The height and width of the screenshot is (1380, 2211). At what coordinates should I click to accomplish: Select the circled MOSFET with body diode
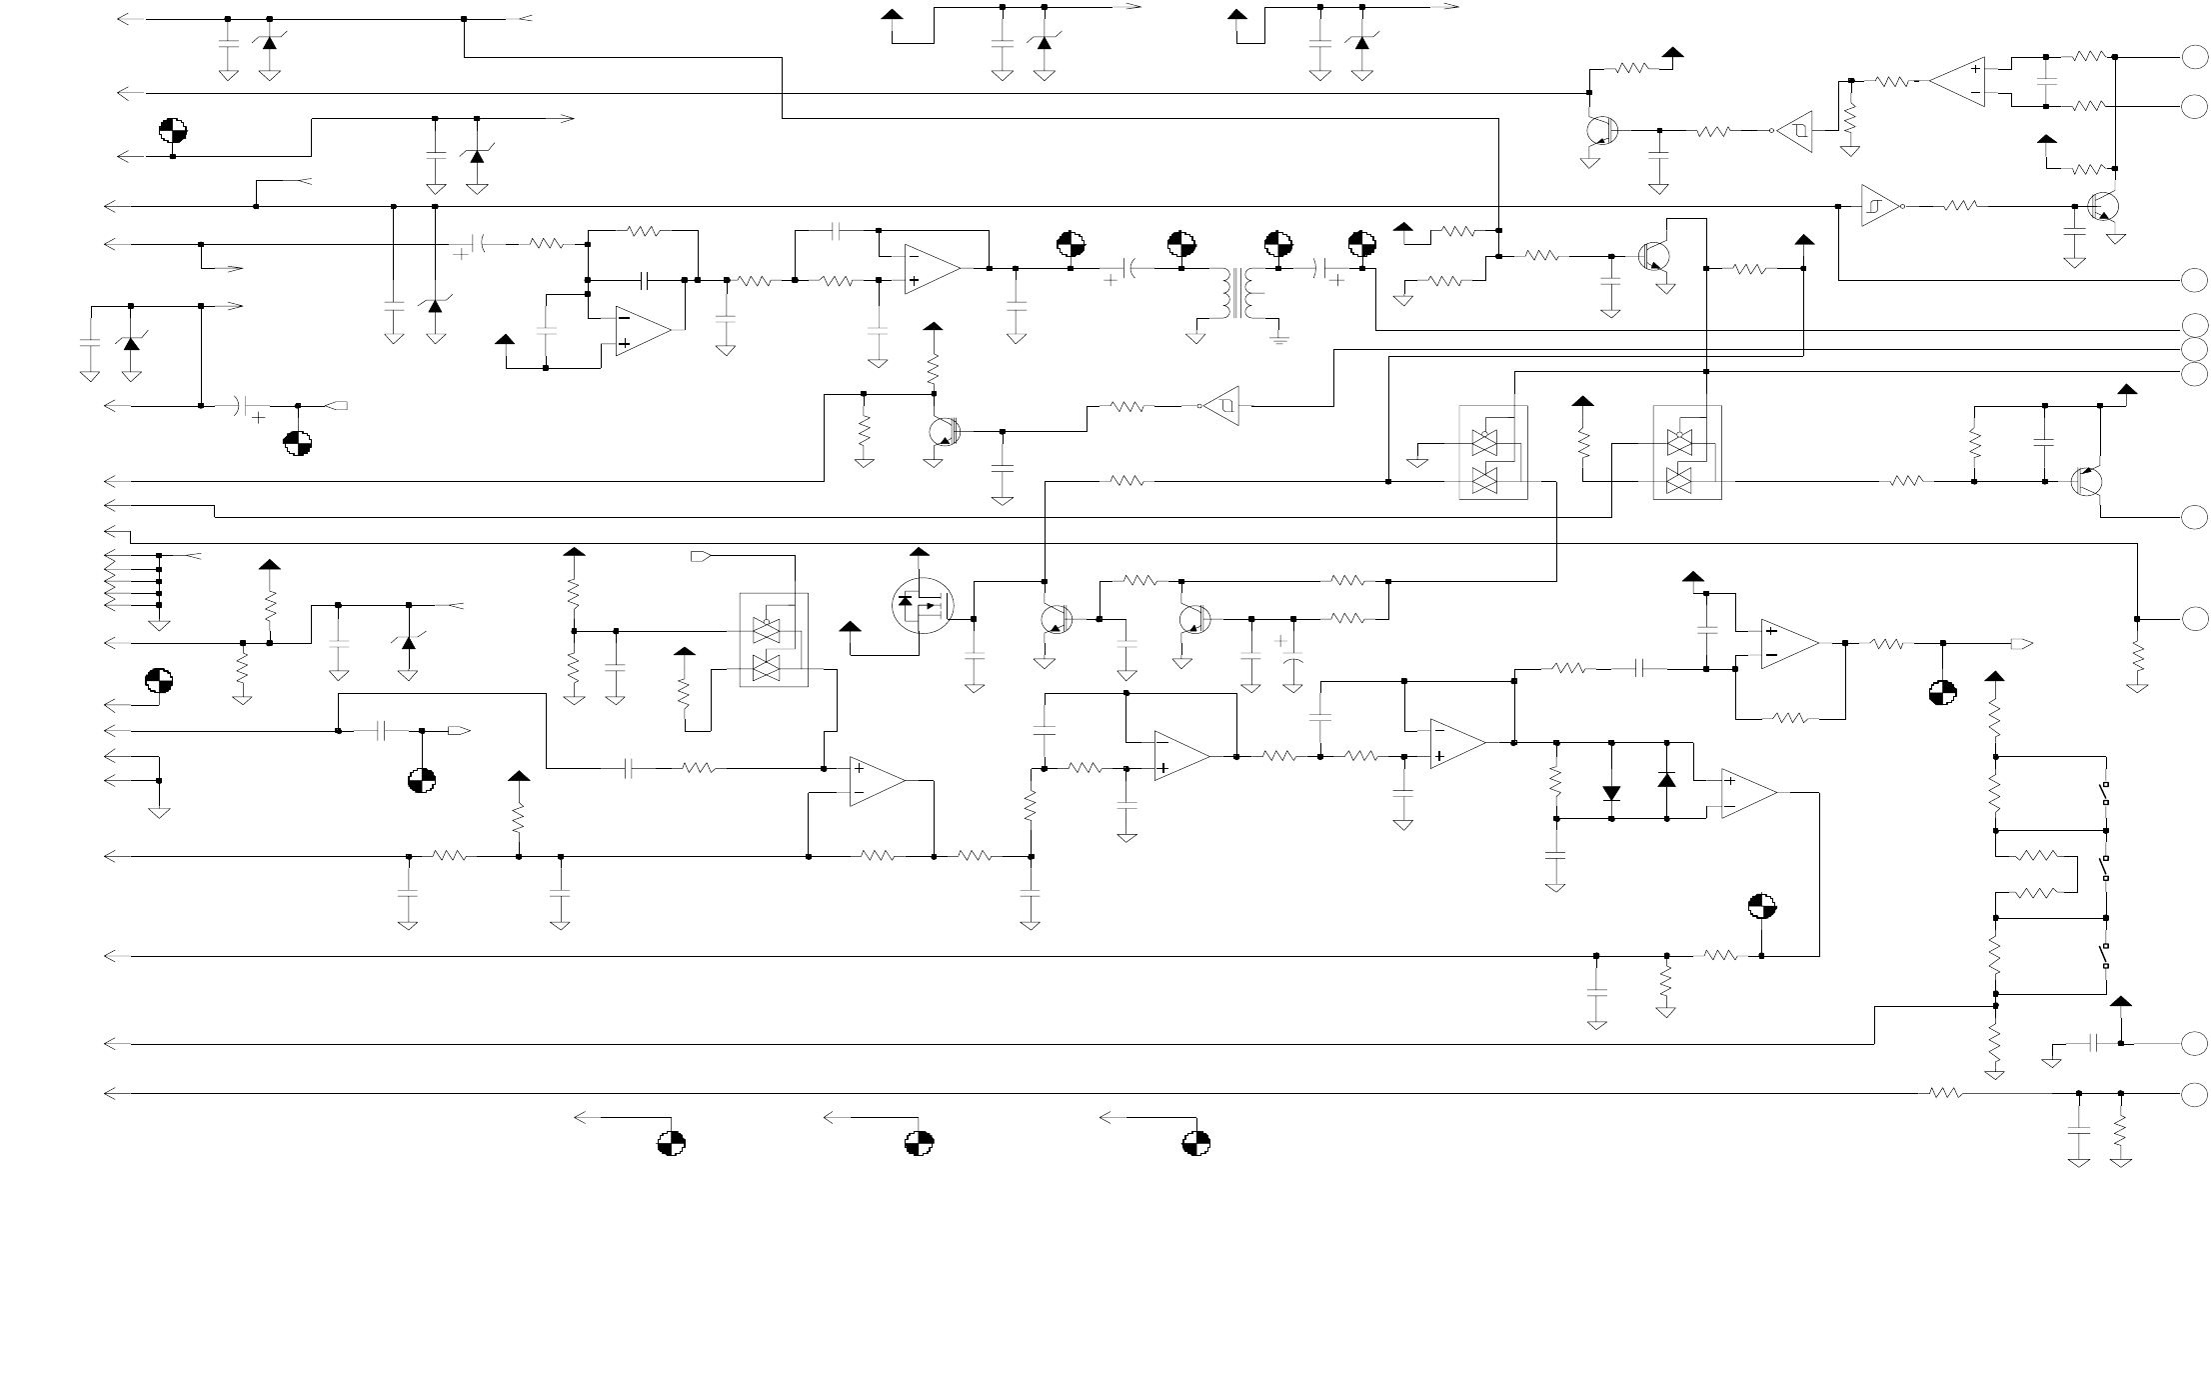click(923, 604)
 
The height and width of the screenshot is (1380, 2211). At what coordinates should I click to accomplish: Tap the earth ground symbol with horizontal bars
click(1279, 338)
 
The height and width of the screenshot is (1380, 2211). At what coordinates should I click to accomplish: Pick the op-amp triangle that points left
click(1956, 81)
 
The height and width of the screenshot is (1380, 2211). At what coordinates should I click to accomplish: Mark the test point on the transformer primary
click(1181, 243)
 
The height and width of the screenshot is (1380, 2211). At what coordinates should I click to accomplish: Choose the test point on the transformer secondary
click(1277, 243)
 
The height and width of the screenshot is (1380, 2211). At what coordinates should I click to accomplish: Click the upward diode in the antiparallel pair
click(1666, 779)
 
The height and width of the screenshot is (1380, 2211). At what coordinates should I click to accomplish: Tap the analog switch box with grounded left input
click(1492, 452)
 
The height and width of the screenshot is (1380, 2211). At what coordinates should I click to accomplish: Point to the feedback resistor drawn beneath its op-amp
click(1790, 718)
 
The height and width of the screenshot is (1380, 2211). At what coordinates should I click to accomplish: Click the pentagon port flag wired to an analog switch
click(701, 555)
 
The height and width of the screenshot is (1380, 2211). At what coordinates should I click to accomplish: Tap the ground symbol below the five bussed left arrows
click(159, 625)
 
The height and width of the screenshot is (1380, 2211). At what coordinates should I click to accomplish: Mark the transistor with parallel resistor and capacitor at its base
click(2086, 481)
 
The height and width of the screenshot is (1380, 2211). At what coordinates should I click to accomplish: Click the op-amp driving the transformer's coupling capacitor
click(932, 268)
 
